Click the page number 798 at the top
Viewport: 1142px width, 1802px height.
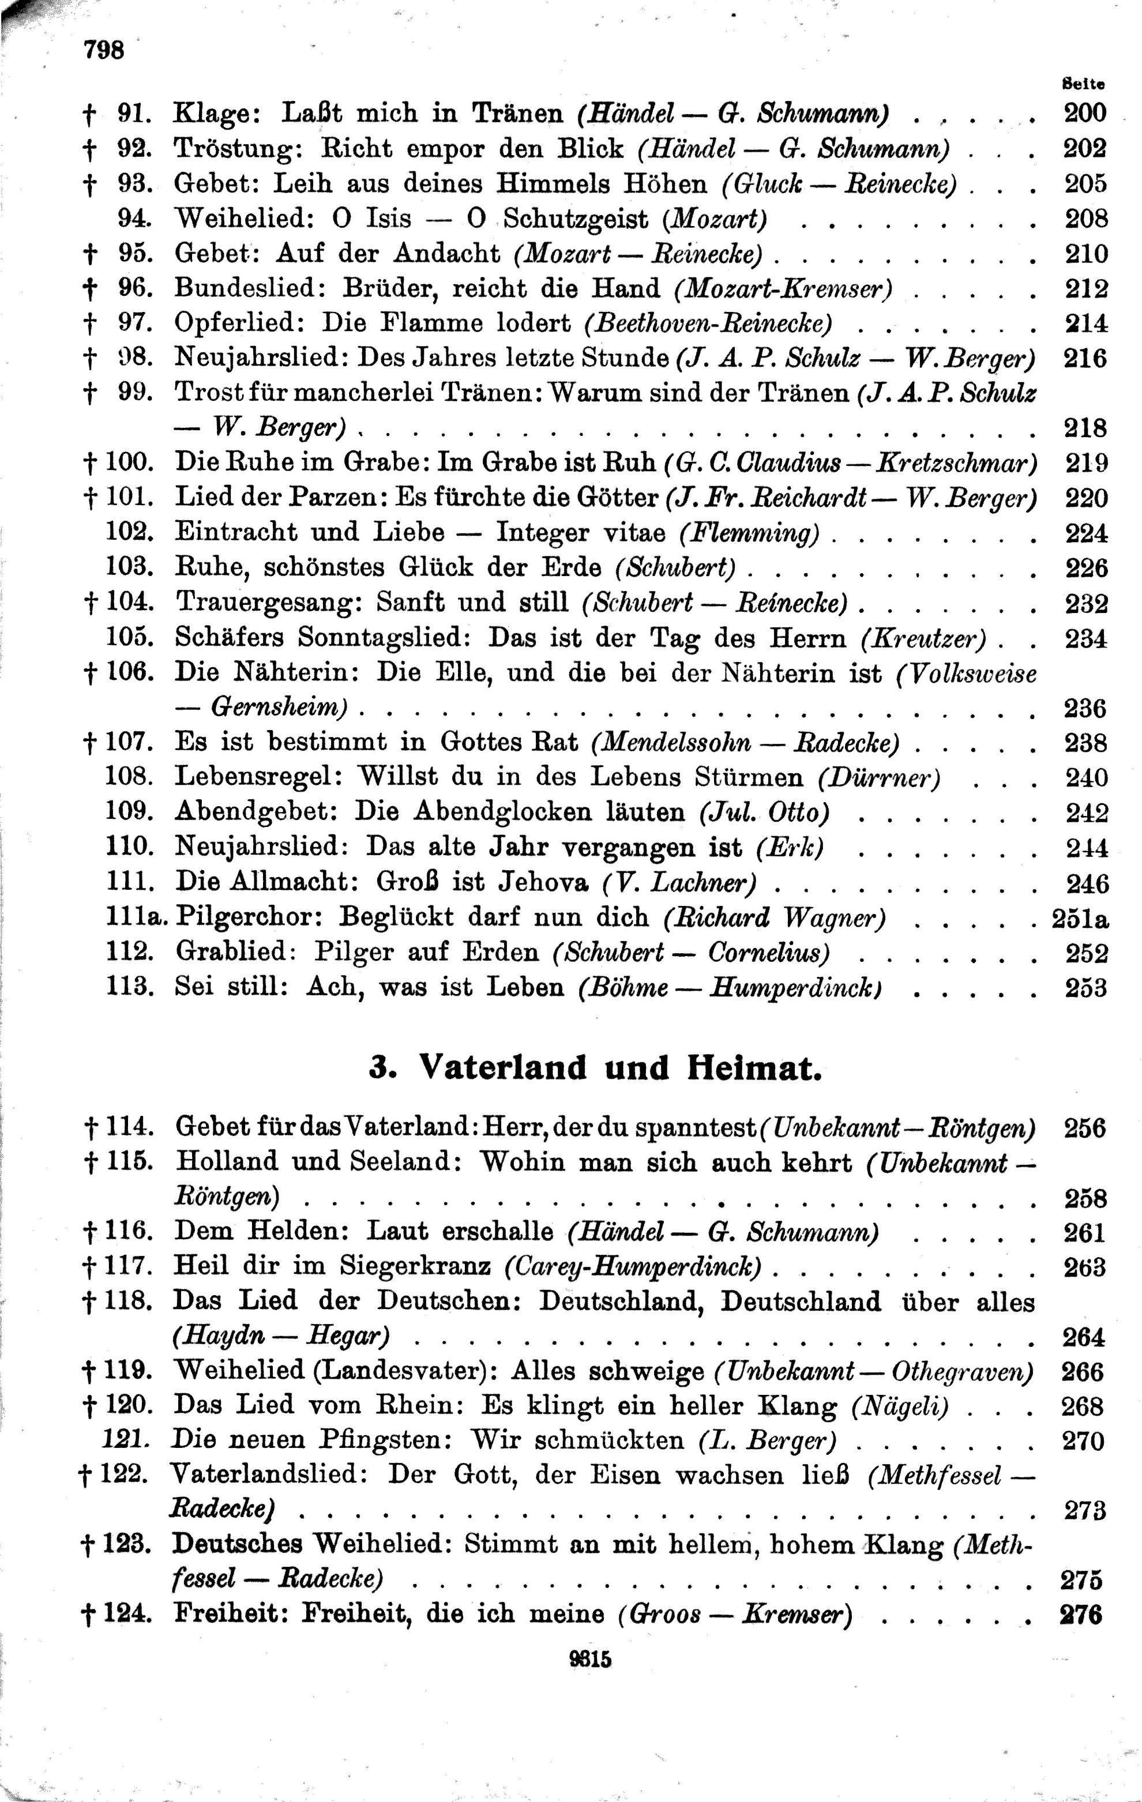[x=103, y=51]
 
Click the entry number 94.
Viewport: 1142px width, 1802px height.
[x=135, y=219]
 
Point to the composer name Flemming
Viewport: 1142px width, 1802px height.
[x=749, y=533]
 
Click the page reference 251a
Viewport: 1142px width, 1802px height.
[x=1080, y=918]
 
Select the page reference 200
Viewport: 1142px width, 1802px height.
[x=1084, y=113]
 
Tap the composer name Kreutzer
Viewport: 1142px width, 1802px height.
[x=923, y=638]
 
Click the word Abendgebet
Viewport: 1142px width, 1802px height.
[x=256, y=812]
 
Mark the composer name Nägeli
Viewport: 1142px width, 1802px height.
[x=900, y=1407]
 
